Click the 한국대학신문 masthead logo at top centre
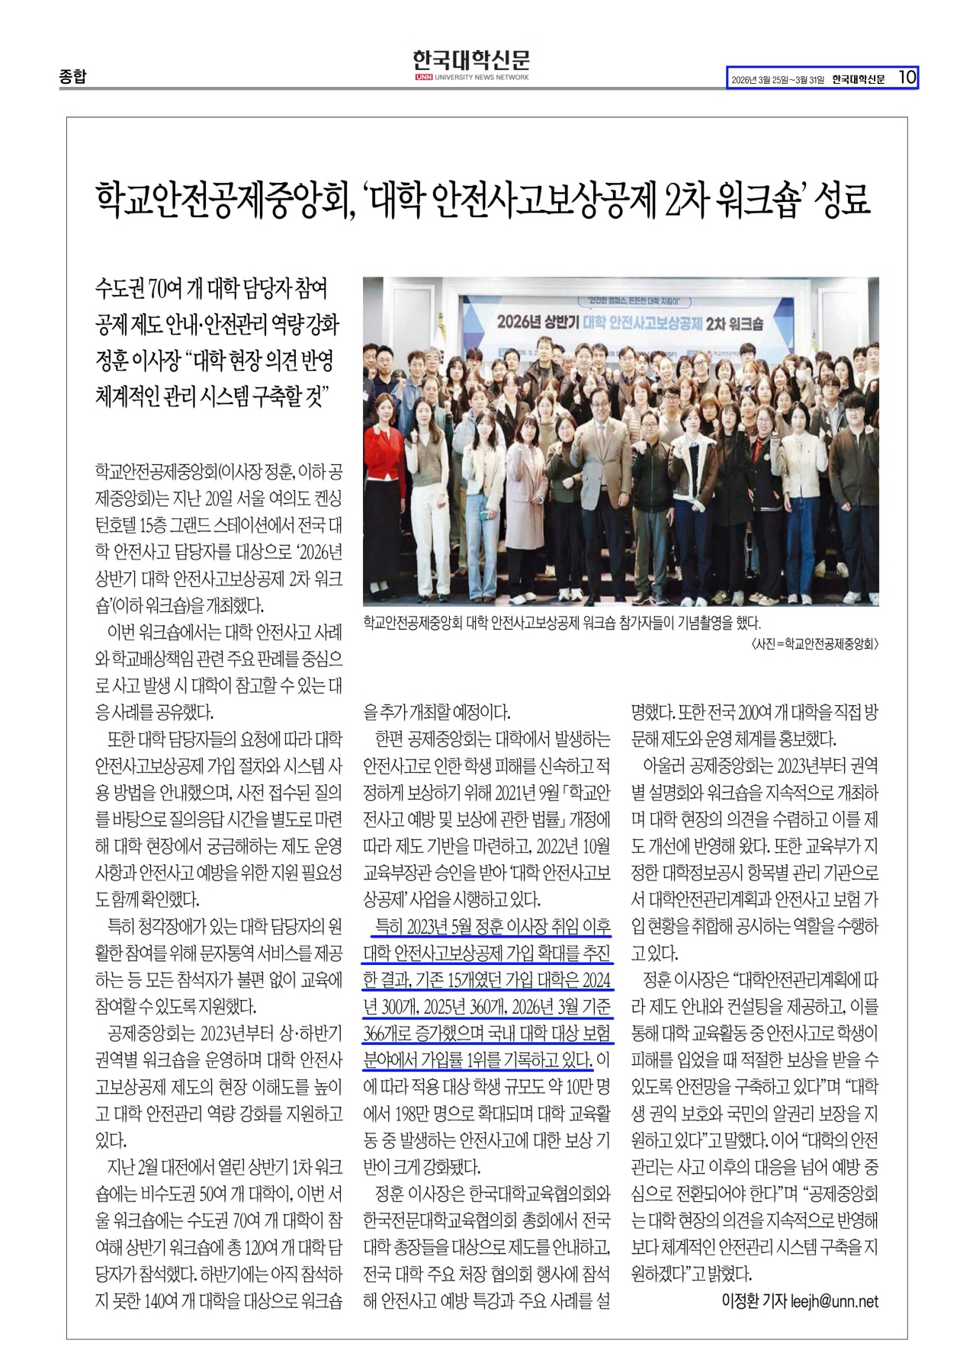tap(471, 60)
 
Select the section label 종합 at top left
tap(73, 77)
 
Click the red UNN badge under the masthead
tap(423, 78)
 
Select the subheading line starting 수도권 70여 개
tap(211, 290)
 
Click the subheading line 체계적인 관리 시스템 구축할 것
tap(211, 396)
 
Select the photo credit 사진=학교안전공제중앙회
tap(814, 644)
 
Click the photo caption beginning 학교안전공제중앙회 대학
tap(562, 621)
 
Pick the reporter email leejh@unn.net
tap(834, 1300)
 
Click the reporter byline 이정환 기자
tap(753, 1300)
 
